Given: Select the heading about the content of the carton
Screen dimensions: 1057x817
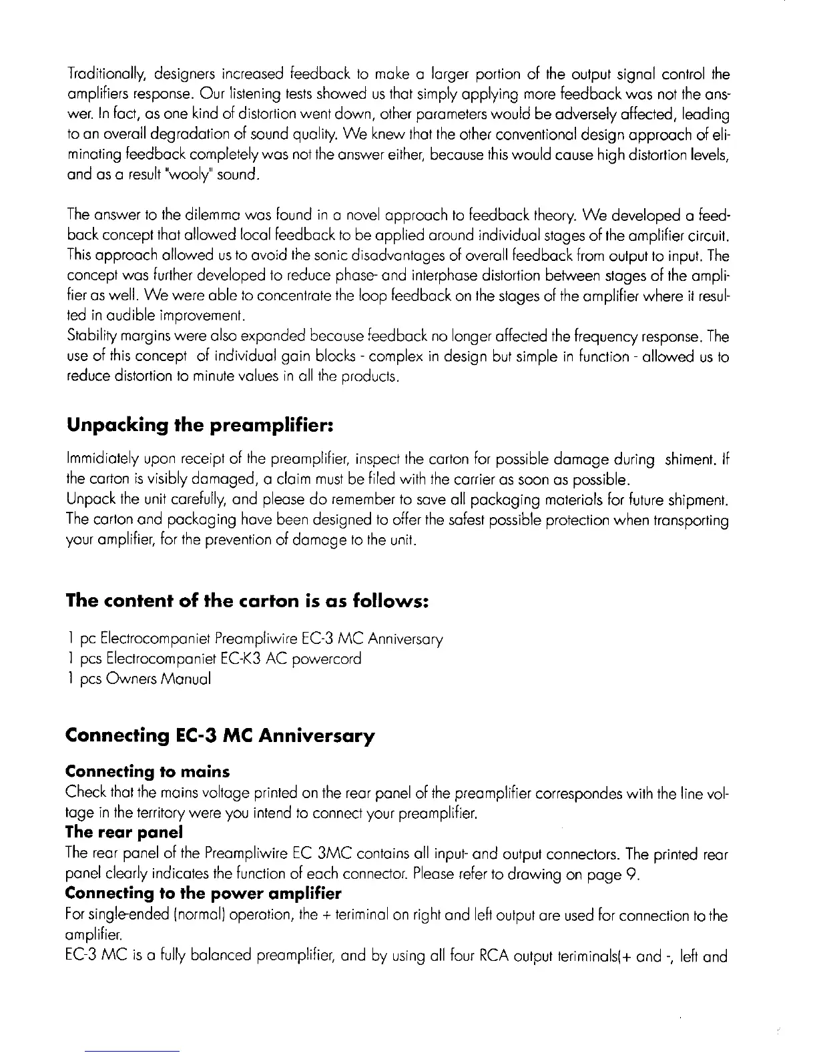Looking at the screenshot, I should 246,601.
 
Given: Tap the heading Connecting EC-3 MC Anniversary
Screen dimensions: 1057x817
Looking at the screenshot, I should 220,736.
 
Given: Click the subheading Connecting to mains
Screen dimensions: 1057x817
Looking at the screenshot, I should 148,772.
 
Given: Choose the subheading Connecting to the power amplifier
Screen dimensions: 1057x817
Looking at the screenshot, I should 203,894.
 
